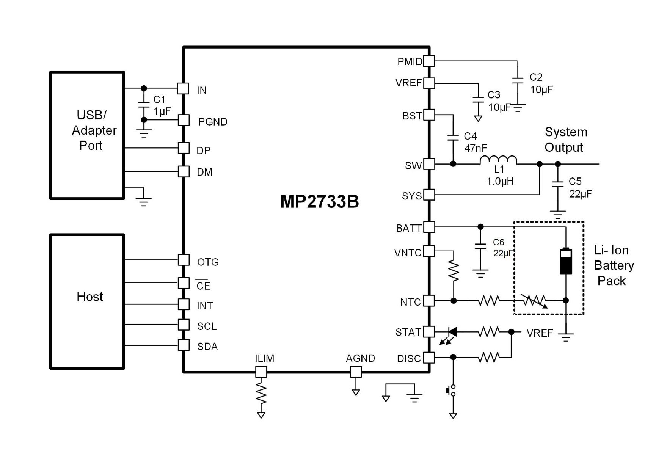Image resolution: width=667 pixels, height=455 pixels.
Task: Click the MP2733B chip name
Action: click(319, 201)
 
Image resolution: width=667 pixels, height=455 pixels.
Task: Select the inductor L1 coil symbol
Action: click(498, 160)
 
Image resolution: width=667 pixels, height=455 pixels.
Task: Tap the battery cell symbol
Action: click(566, 261)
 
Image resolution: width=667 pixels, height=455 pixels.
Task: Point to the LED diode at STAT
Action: click(452, 332)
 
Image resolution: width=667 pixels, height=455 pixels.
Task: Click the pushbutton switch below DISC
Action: click(452, 391)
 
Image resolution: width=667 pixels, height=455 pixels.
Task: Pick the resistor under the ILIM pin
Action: click(261, 394)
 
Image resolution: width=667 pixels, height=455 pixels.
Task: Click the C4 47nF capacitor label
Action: click(475, 142)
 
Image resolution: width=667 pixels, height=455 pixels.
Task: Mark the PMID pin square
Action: click(429, 61)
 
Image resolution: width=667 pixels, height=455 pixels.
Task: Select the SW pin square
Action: click(429, 164)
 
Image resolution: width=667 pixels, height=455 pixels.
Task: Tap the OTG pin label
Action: click(208, 262)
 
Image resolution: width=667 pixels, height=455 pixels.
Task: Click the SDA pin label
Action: click(207, 347)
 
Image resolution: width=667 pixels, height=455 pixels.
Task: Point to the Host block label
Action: click(90, 297)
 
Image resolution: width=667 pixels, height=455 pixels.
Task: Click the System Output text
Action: click(565, 140)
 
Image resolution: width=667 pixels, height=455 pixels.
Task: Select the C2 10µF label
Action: click(541, 83)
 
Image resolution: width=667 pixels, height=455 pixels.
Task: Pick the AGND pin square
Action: click(356, 372)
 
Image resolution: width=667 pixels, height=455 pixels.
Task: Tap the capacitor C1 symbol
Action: click(144, 105)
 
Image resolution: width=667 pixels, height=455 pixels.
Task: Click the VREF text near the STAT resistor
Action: click(540, 333)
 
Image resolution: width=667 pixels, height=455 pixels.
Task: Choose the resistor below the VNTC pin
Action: click(454, 271)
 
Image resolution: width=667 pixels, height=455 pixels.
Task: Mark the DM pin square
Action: click(184, 171)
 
